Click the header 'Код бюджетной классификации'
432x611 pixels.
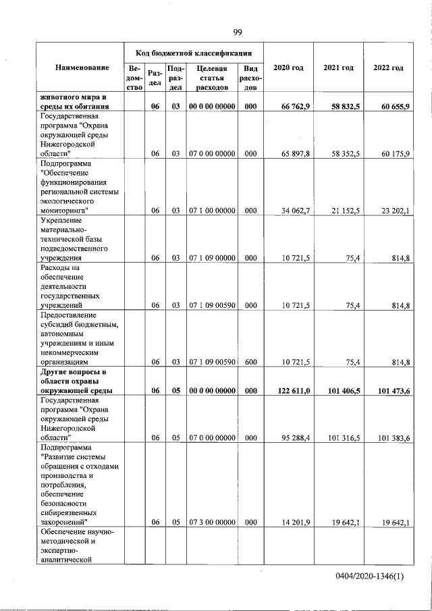pyautogui.click(x=194, y=52)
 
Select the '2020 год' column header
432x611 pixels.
pyautogui.click(x=288, y=68)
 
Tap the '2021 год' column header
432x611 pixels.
pyautogui.click(x=338, y=68)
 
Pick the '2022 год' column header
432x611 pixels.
pyautogui.click(x=388, y=68)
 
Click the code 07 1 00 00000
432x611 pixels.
pyautogui.click(x=212, y=211)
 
